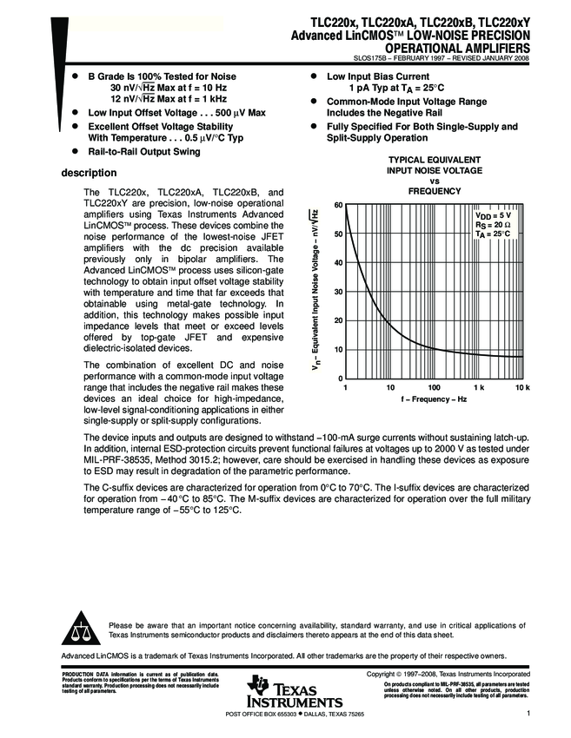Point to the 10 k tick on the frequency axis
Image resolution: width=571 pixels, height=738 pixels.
pos(521,386)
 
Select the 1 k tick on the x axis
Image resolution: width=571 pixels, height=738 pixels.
pos(478,386)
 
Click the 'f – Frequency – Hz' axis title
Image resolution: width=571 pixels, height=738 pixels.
pos(434,399)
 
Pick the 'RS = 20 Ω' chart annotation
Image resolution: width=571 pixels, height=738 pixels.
pos(492,224)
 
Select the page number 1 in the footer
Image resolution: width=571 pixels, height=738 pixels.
pos(528,714)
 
